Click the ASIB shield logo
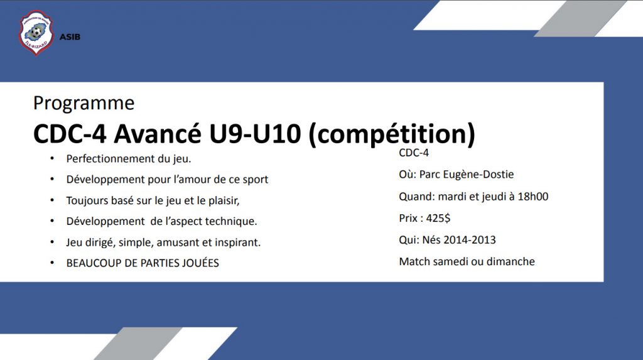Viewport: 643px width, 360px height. coord(36,33)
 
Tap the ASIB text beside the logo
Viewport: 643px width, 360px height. coord(70,37)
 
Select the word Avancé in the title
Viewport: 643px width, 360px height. coord(158,134)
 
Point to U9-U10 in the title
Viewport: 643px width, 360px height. coord(255,134)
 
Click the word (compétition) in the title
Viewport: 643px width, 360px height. coord(392,134)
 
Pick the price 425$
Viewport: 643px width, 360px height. coord(438,218)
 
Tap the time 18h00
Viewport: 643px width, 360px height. coord(532,196)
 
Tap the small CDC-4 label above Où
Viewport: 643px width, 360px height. coord(414,153)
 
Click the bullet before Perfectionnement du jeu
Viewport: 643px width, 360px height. coord(52,158)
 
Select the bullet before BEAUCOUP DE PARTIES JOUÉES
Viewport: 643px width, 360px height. coord(52,263)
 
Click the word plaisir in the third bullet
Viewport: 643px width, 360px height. coord(224,200)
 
